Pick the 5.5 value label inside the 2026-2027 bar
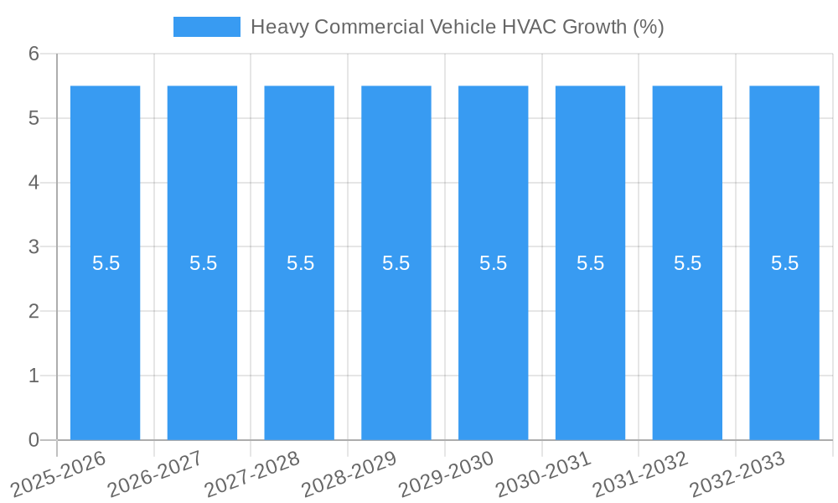coord(203,263)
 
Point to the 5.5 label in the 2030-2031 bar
coord(590,263)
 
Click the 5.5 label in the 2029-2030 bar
coord(493,263)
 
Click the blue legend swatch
coord(206,27)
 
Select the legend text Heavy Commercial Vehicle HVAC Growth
coord(457,27)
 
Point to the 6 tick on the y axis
coord(34,54)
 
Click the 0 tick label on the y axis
coord(34,440)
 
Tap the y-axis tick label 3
coord(34,247)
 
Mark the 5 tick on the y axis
coord(34,118)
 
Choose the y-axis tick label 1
coord(34,376)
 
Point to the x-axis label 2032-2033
coord(738,473)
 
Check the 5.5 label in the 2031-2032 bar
coord(687,263)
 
